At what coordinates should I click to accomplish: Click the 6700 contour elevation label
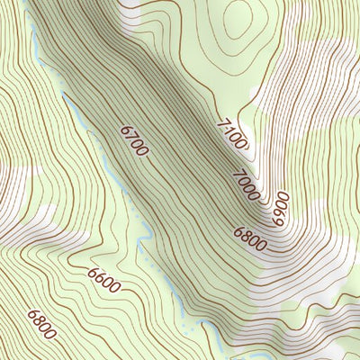[133, 141]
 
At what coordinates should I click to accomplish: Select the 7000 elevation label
[246, 184]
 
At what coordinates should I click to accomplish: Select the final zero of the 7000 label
[255, 193]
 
